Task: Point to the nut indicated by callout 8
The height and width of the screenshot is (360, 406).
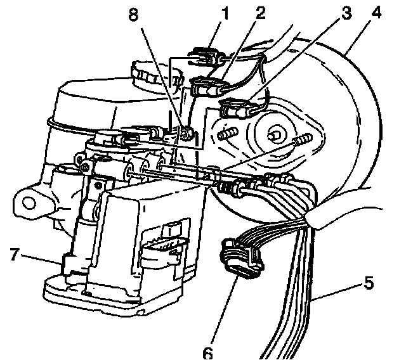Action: [x=186, y=132]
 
